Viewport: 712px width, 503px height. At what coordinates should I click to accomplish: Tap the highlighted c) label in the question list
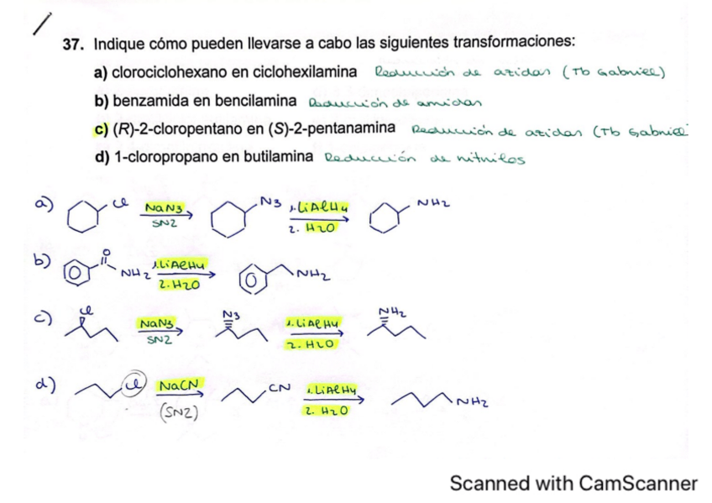tap(101, 128)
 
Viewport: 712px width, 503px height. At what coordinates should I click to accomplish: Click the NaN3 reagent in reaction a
tap(160, 207)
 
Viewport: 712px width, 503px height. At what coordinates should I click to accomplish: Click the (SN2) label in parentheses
tap(176, 412)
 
